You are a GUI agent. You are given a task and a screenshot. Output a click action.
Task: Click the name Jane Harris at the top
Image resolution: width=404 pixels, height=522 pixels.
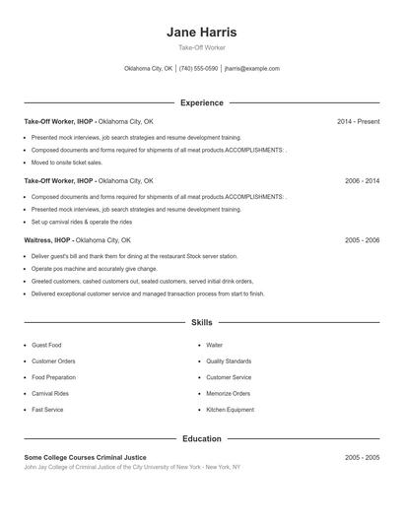(x=201, y=32)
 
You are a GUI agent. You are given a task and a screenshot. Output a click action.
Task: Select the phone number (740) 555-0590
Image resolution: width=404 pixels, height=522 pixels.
(x=199, y=69)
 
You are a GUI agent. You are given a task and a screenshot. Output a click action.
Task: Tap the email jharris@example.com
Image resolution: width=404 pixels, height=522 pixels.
(x=252, y=69)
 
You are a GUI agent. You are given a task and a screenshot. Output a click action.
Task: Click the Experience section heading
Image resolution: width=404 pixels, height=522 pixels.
(x=201, y=102)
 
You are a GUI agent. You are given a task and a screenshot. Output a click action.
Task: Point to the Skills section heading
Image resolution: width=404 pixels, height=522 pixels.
(x=201, y=322)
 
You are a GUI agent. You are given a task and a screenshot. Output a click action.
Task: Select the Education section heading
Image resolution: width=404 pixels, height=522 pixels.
(x=201, y=438)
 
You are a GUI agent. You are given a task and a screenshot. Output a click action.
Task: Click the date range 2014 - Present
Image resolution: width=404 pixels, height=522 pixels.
(x=358, y=121)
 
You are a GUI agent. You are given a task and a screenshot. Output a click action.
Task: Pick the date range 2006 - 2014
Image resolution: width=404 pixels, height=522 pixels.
(x=362, y=181)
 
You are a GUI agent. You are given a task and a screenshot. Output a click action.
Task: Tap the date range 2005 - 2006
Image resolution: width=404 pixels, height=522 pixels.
(x=362, y=240)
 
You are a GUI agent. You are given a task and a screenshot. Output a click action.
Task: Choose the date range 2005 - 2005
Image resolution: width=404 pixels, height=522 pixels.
(x=362, y=458)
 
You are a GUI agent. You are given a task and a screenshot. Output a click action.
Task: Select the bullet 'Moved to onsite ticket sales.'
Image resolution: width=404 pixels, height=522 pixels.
(x=67, y=163)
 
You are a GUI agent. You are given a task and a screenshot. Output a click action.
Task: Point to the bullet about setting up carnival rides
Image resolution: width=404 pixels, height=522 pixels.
(x=82, y=222)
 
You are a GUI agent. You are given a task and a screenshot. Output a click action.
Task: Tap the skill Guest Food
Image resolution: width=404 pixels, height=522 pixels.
(x=46, y=346)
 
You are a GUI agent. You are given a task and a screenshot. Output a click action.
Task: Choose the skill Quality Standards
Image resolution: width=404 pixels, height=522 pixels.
(x=229, y=361)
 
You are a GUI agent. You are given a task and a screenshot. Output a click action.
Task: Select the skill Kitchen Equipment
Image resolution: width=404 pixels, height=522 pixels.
(x=230, y=410)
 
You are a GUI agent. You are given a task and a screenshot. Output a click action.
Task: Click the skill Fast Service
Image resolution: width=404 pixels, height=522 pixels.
(x=47, y=410)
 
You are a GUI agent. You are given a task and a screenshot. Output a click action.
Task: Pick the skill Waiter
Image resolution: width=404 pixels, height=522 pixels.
(x=214, y=346)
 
